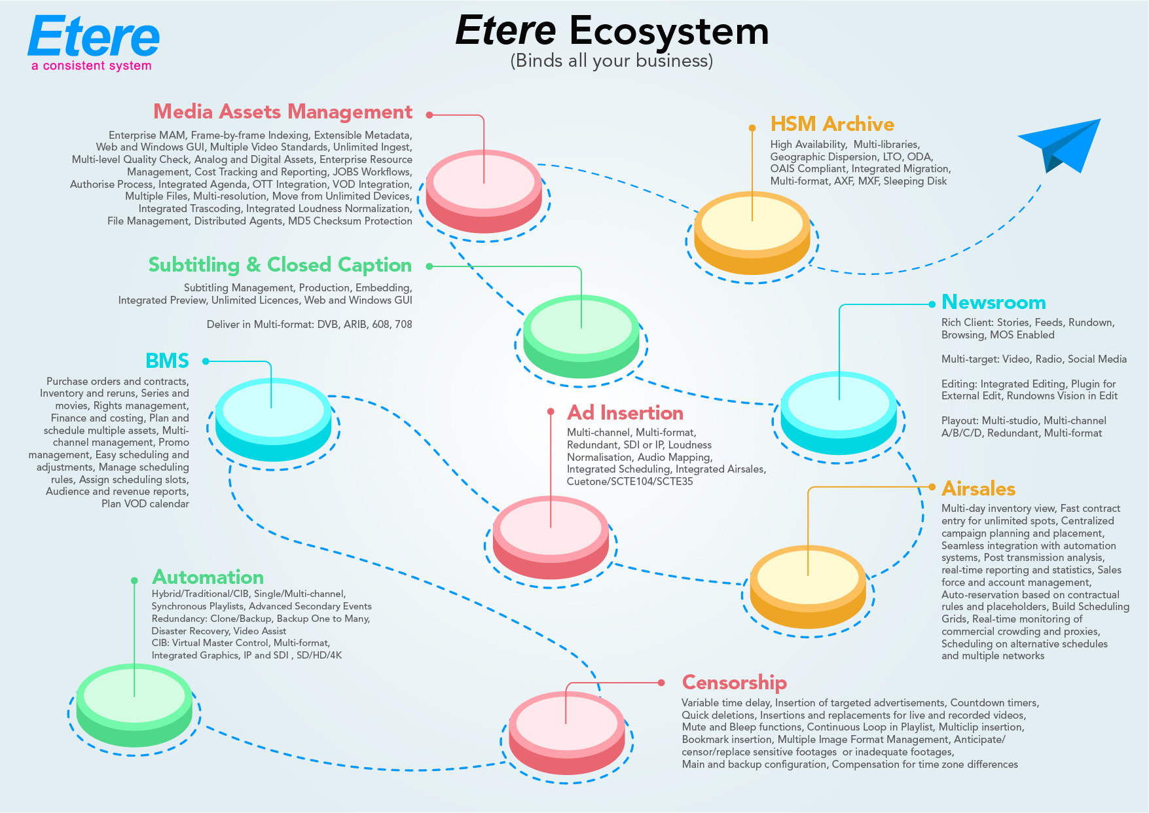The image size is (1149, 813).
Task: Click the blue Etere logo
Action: [x=94, y=37]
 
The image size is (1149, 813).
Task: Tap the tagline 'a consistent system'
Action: [x=92, y=65]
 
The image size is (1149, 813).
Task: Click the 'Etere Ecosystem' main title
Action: [x=611, y=31]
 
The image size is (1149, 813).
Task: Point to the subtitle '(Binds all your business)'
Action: [x=611, y=61]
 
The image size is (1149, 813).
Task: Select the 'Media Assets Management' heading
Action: [x=283, y=112]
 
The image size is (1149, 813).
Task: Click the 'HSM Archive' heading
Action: [x=832, y=124]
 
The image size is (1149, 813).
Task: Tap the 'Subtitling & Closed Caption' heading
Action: [x=280, y=265]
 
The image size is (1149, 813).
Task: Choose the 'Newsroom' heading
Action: [x=993, y=302]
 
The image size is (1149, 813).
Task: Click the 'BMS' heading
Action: [x=167, y=361]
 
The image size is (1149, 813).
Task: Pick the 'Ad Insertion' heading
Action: [x=625, y=413]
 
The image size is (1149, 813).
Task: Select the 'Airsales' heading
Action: [x=978, y=489]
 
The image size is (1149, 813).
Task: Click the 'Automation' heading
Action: [x=208, y=577]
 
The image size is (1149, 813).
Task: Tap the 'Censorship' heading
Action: [x=734, y=683]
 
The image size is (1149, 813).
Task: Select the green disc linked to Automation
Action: [x=134, y=704]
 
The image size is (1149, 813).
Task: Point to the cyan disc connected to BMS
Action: [x=273, y=420]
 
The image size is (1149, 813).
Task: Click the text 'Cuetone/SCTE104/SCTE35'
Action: [x=630, y=482]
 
